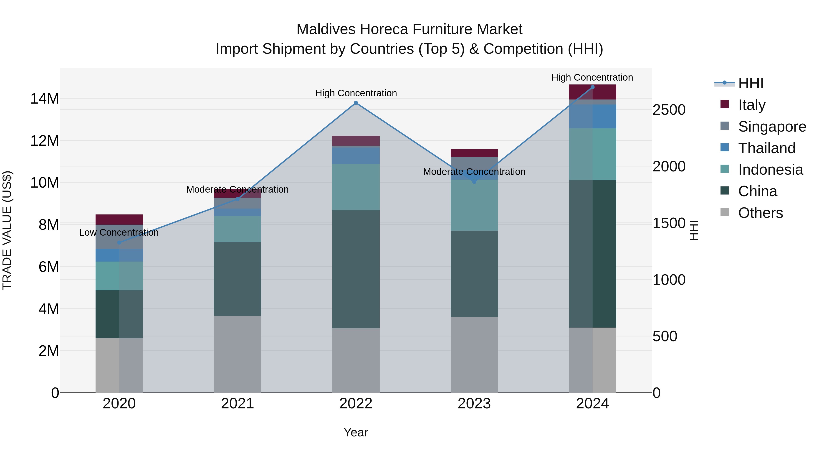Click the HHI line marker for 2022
(356, 103)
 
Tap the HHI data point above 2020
(119, 242)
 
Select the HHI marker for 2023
(474, 182)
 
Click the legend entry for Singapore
(772, 127)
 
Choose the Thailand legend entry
(766, 148)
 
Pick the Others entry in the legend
(760, 213)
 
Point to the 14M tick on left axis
(45, 99)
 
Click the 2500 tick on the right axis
(669, 110)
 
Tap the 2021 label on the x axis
(238, 404)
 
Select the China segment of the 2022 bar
(356, 269)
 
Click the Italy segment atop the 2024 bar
(592, 92)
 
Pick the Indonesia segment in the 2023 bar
(474, 205)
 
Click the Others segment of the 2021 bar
(238, 354)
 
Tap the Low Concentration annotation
(119, 233)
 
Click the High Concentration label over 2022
(356, 93)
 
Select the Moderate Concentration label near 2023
(474, 172)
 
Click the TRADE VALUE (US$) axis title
(7, 230)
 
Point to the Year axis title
(356, 432)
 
